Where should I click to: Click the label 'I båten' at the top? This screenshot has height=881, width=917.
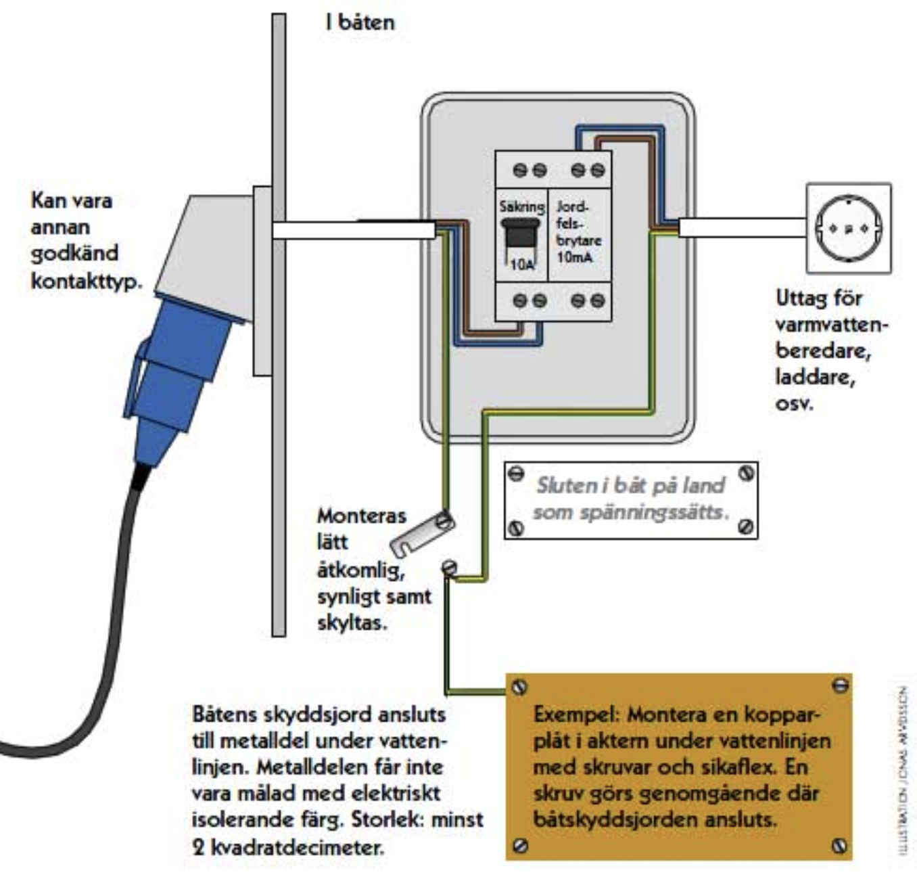coord(359,22)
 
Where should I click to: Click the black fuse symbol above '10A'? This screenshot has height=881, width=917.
coord(520,233)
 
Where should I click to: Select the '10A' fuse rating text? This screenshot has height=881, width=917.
coord(521,265)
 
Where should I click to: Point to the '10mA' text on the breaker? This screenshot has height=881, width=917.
coord(575,256)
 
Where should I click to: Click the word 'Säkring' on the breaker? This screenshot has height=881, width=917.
coord(521,206)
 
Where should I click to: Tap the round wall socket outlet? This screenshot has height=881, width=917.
coord(848,228)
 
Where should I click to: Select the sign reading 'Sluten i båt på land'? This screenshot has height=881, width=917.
coord(630,499)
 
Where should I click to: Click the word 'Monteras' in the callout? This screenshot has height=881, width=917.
coord(361,516)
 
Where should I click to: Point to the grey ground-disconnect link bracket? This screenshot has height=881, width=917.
coord(421,534)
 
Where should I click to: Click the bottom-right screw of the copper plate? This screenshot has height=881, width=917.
coord(839,845)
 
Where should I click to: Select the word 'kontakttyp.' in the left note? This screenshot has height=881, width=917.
coord(87,280)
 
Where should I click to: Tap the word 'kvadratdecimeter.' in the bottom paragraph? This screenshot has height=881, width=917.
coord(298,846)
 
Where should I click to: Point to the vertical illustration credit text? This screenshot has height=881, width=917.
coord(903,771)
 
